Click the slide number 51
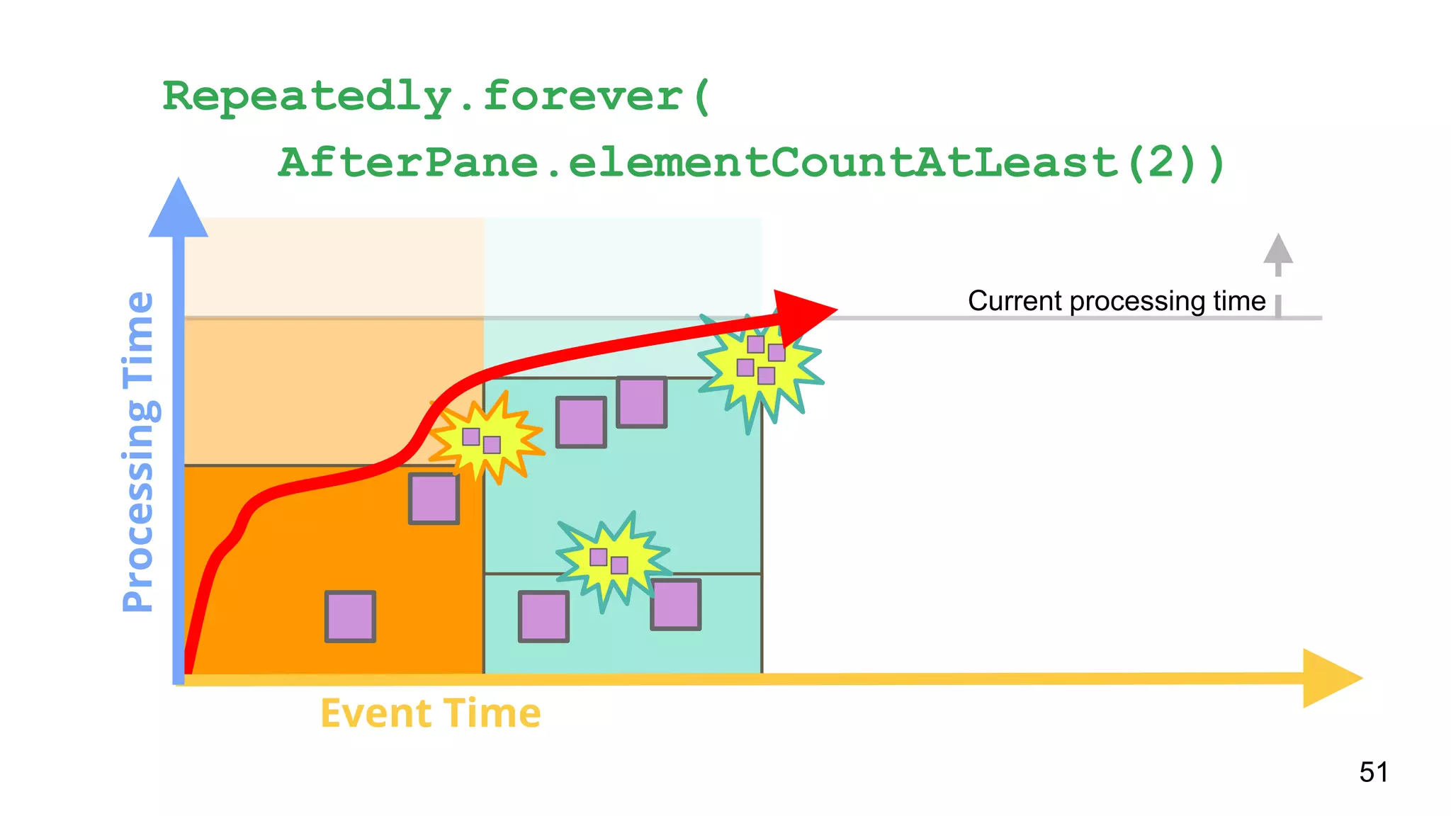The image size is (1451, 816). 1373,771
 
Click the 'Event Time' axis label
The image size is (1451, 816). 431,713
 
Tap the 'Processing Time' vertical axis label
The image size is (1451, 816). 138,451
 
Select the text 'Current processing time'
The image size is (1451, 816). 1117,301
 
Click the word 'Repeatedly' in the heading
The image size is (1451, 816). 307,96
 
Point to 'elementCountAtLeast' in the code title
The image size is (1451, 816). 842,162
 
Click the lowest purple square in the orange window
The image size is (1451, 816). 350,616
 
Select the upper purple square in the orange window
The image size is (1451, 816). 434,499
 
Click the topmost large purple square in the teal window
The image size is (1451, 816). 641,402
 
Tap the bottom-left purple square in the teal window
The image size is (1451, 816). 543,616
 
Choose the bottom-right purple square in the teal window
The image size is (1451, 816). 675,604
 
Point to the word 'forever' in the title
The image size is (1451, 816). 582,96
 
